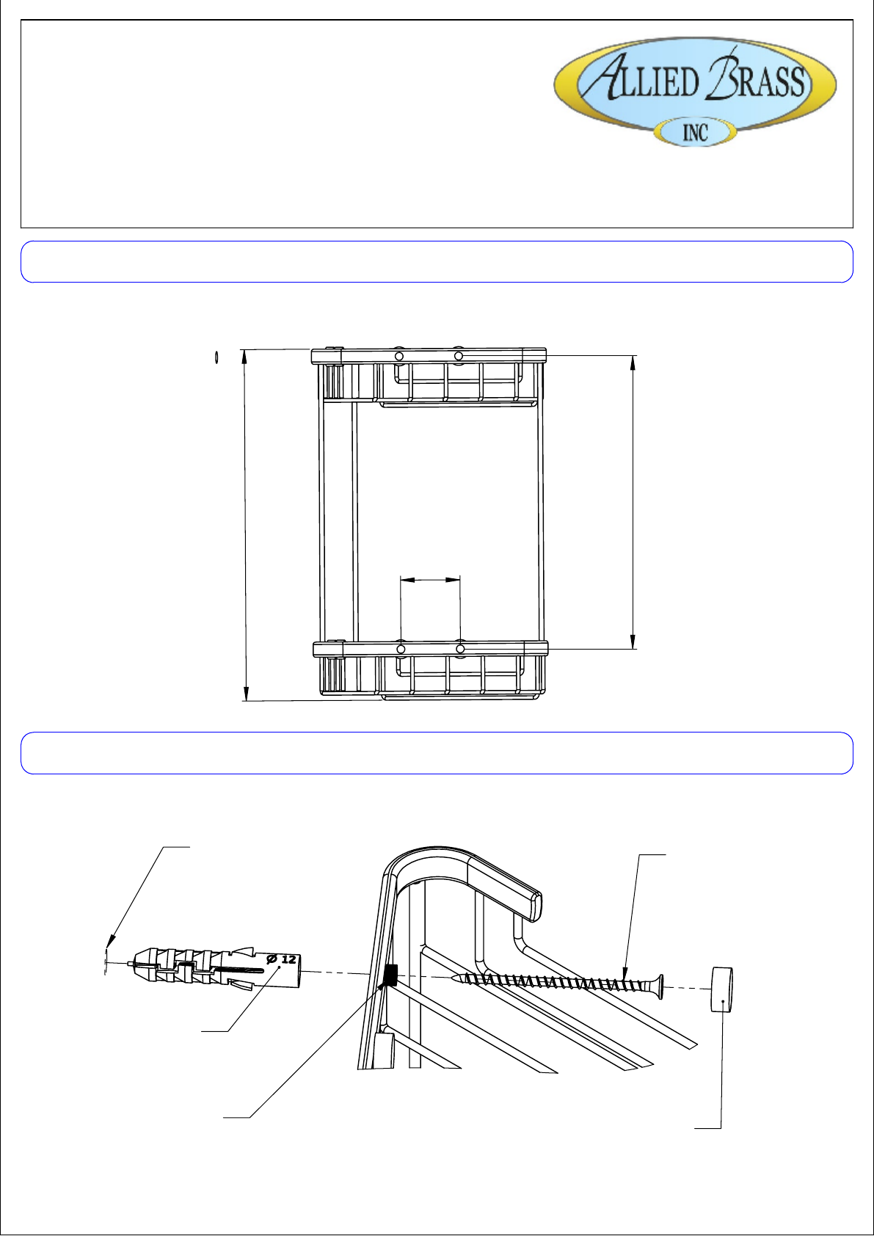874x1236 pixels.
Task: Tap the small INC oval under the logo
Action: pos(695,133)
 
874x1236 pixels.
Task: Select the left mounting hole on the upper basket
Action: pos(399,357)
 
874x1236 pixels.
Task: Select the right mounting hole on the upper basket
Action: pos(459,357)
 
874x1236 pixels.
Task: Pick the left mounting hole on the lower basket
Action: pos(401,649)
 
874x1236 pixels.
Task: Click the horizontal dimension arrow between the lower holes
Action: pos(430,580)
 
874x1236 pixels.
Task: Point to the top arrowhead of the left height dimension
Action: pos(244,357)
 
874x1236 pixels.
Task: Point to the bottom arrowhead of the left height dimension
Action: pos(247,694)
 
